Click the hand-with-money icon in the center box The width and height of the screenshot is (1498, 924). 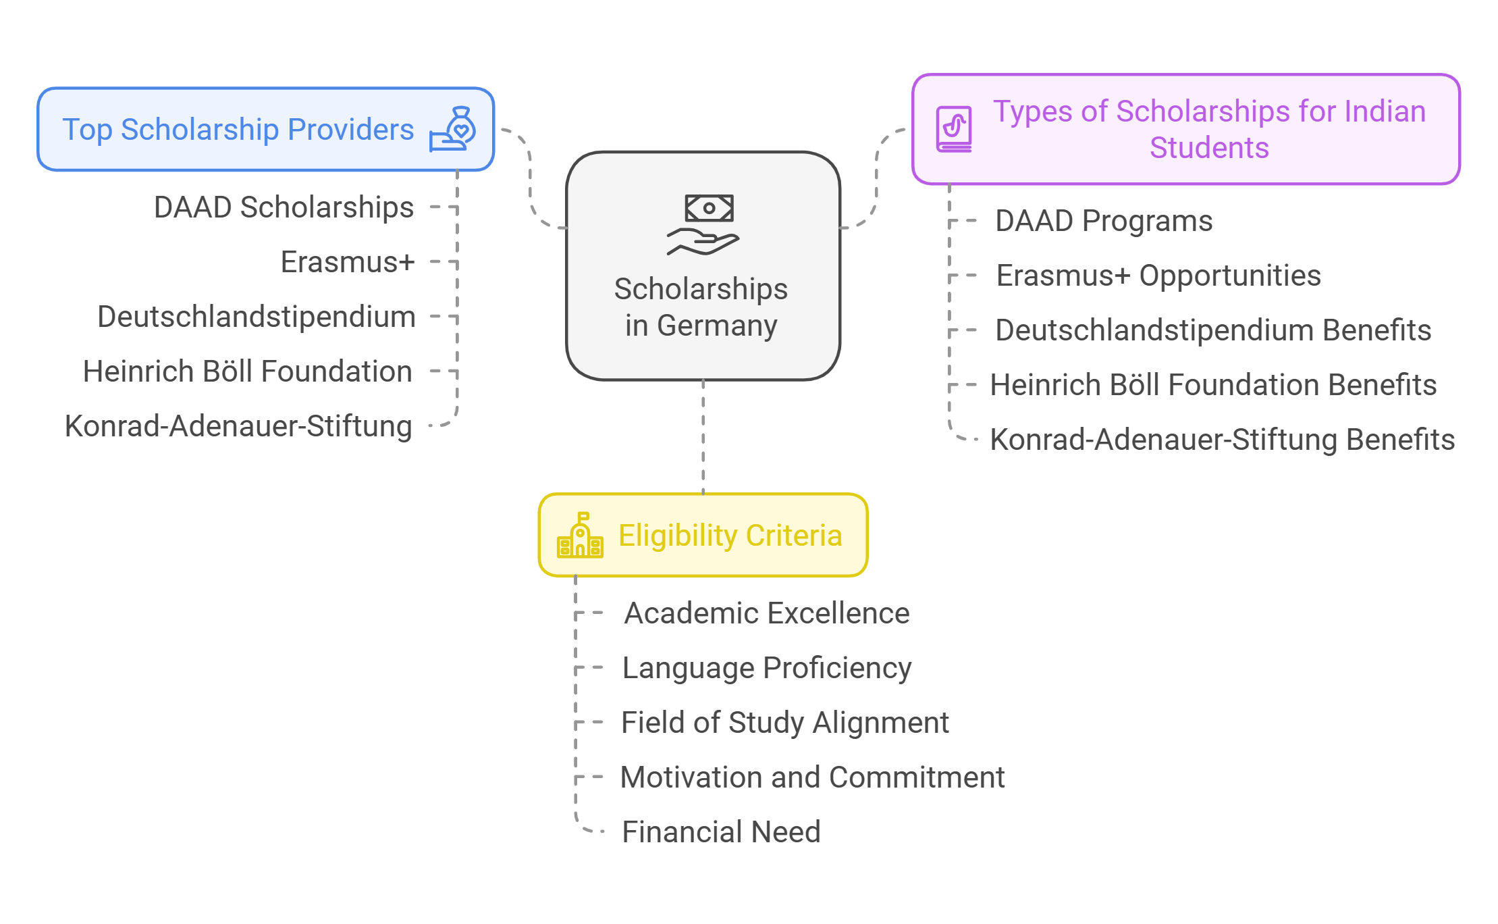[703, 225]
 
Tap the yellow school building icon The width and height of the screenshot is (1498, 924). [580, 535]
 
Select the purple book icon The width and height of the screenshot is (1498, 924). [954, 128]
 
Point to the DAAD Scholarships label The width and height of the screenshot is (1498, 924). [284, 207]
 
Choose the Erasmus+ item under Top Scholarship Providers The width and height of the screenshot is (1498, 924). [347, 262]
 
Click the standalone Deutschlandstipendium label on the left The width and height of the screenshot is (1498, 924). [256, 317]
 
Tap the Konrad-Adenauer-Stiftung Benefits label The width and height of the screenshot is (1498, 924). [1222, 440]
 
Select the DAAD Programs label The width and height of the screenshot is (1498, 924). [1104, 221]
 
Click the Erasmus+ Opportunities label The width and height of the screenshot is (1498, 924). [1158, 276]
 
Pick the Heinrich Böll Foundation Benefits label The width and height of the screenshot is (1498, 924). [1213, 385]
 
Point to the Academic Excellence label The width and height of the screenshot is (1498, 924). [767, 613]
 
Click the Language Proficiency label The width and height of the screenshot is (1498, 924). [767, 668]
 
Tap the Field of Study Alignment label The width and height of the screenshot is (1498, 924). [784, 723]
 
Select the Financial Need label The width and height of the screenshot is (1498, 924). [721, 832]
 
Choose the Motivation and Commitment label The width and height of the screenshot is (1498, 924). [813, 777]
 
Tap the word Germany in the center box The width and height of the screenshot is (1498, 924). [717, 326]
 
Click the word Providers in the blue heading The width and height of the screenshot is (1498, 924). [350, 130]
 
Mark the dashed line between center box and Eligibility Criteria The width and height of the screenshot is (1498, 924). [703, 436]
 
